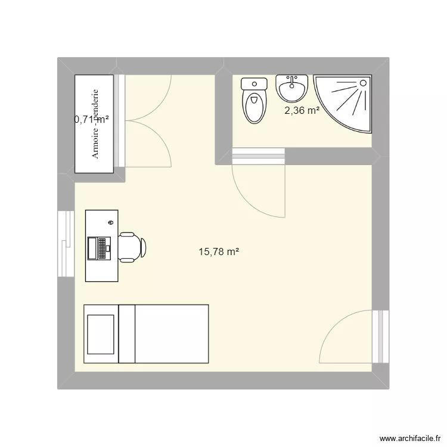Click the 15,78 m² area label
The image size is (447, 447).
[x=219, y=252]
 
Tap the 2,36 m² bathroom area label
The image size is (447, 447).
[x=302, y=110]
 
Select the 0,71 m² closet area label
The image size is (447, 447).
[x=91, y=119]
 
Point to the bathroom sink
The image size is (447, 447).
[x=291, y=89]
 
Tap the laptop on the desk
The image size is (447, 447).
[x=100, y=248]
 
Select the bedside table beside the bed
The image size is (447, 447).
[x=101, y=334]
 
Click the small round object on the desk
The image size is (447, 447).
[x=111, y=222]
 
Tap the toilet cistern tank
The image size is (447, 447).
[x=254, y=85]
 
